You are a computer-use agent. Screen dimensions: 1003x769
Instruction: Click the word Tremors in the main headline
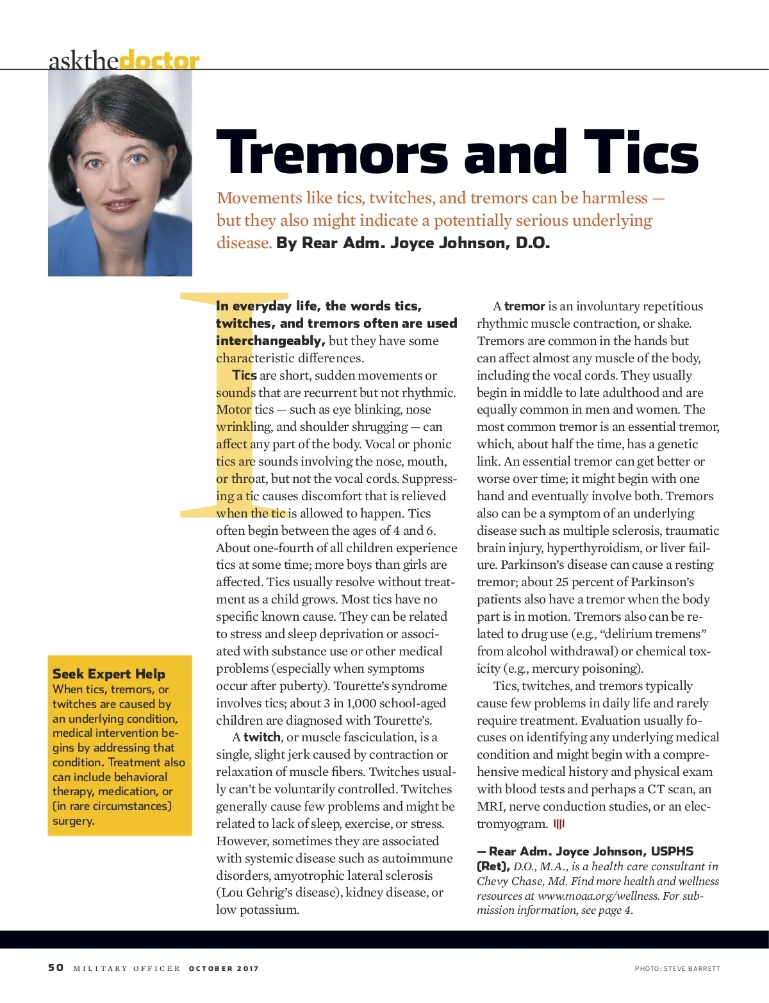tap(332, 153)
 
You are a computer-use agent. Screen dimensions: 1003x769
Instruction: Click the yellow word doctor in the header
tap(160, 60)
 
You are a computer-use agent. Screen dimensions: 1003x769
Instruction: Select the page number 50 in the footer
tap(56, 968)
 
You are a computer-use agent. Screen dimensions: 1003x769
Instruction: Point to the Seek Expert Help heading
tap(109, 673)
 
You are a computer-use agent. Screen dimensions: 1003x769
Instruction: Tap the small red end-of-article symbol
tap(559, 824)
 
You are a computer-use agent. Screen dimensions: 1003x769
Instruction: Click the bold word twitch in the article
tap(261, 737)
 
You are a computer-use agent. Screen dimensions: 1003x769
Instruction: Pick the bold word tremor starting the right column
tap(524, 307)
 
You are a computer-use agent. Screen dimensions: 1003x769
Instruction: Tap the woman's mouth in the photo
tap(120, 205)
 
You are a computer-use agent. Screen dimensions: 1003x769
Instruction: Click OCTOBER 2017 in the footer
tap(224, 968)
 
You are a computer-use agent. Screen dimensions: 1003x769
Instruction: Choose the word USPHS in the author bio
tap(672, 852)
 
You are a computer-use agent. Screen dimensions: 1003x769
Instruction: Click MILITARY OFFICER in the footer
tap(127, 968)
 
